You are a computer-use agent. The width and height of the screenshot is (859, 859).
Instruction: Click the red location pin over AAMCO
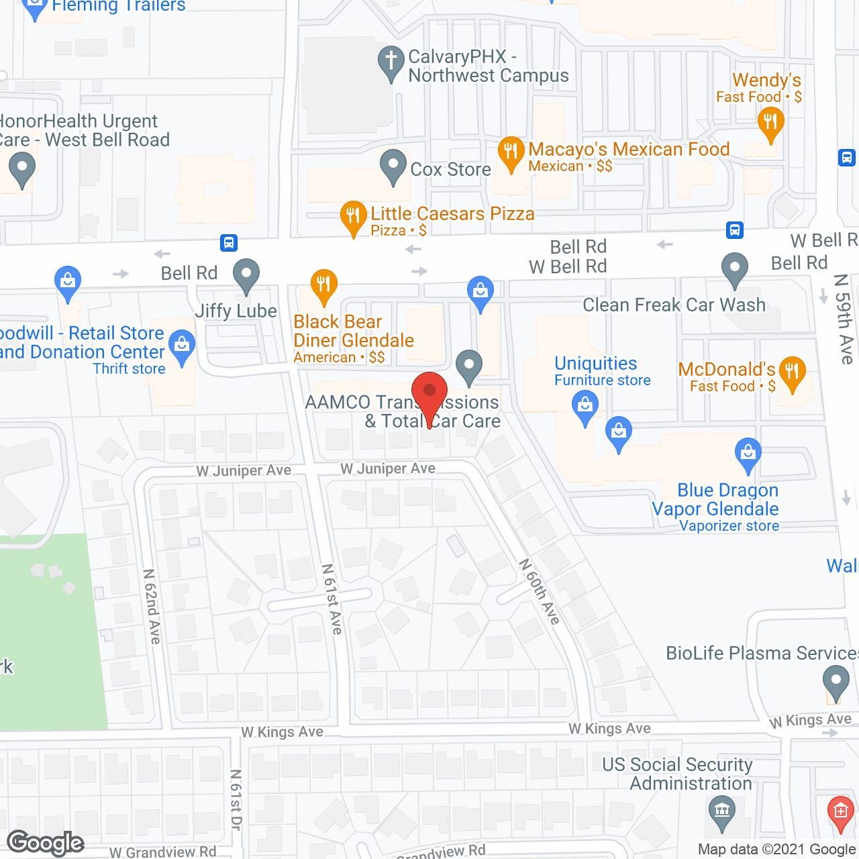point(429,393)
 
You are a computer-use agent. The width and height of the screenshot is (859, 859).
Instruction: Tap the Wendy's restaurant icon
point(770,123)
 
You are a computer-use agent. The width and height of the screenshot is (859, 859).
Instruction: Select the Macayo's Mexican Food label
point(629,149)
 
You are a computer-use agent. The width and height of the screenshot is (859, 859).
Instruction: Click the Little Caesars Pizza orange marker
point(353,216)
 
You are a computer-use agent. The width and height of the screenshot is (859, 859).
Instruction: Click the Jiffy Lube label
point(236,311)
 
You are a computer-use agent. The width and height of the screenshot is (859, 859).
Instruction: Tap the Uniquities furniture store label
point(596,363)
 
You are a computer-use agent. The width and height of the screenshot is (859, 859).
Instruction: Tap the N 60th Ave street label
point(540,591)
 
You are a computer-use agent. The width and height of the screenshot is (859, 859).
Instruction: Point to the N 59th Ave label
point(844,319)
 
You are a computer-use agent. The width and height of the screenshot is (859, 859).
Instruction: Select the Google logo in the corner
point(46,842)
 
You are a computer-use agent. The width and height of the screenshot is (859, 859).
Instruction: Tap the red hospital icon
point(840,811)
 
